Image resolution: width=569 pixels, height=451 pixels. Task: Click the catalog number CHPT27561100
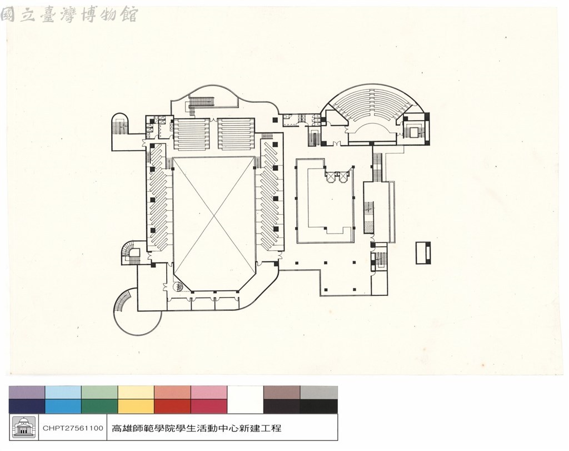[73, 428]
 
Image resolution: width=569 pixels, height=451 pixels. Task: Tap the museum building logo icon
[24, 428]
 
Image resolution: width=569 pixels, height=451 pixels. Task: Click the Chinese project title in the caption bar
[196, 428]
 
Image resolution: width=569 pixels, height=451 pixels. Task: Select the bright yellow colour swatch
[136, 407]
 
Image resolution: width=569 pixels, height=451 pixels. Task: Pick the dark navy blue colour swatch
[27, 407]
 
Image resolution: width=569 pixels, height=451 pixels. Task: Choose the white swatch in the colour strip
[245, 399]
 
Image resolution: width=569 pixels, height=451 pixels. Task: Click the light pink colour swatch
[209, 393]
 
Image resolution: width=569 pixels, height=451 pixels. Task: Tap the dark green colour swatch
[99, 407]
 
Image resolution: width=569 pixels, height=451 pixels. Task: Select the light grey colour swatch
[318, 393]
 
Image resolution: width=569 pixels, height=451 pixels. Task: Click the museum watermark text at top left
[69, 15]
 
